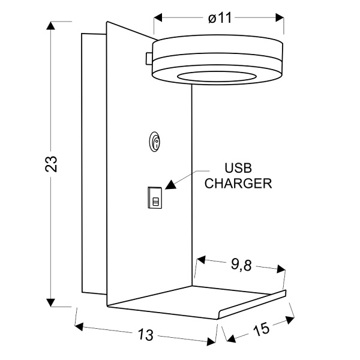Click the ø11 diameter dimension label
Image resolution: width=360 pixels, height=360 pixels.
coord(220,18)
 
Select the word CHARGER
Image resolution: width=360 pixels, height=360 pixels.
coord(238,184)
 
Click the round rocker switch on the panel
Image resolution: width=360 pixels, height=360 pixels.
coord(155,142)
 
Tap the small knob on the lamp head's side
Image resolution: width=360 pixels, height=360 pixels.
coord(148,58)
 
